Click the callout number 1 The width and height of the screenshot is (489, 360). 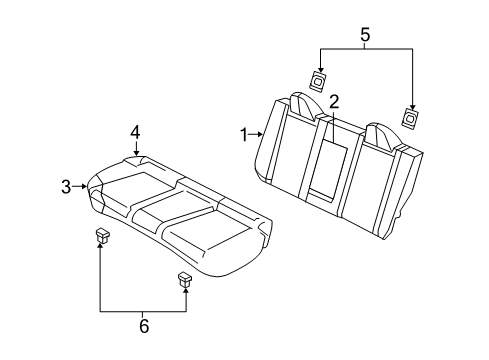pos(242,132)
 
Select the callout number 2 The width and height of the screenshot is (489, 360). pos(335,101)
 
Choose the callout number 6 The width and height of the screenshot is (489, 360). pos(143,327)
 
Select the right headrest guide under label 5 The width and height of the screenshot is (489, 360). pos(410,117)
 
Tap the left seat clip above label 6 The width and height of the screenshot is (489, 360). pos(102,236)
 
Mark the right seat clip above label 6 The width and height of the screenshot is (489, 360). pos(185,279)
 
